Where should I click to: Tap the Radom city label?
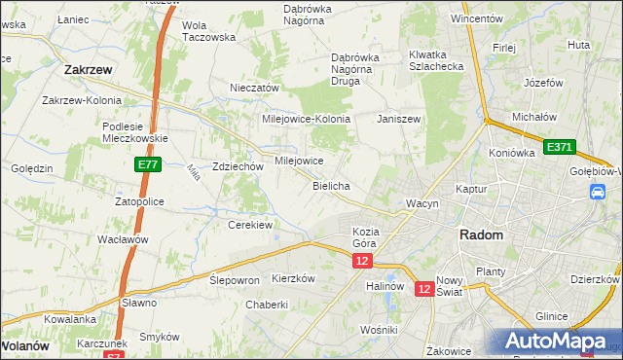click(481, 235)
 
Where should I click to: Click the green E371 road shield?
click(560, 147)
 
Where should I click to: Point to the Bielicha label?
click(331, 185)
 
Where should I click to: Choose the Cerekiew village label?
click(249, 225)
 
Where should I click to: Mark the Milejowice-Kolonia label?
click(303, 118)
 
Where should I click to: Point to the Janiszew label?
click(398, 118)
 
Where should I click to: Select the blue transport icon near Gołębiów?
click(597, 193)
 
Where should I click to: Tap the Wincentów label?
click(476, 18)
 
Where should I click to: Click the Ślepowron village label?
click(235, 279)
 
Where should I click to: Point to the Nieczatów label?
click(254, 88)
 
